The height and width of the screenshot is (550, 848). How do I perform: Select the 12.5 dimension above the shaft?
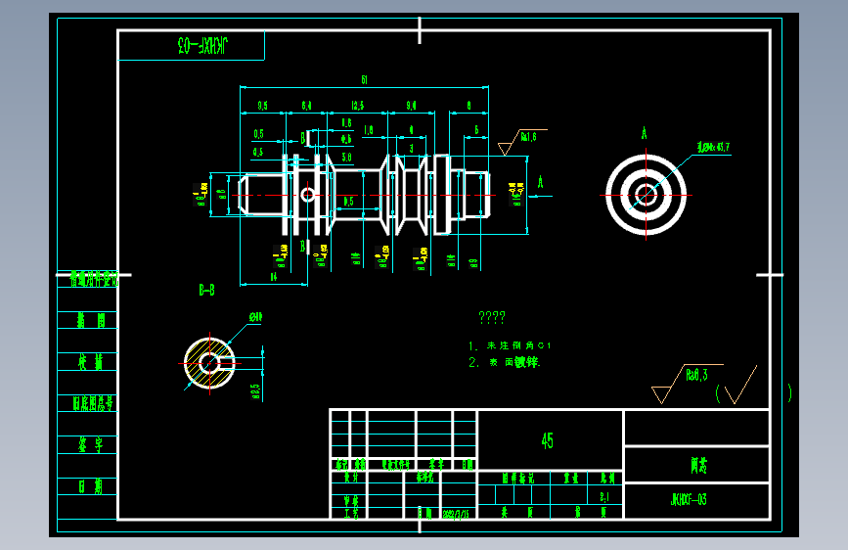[358, 105]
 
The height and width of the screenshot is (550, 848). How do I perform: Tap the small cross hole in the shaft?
[308, 194]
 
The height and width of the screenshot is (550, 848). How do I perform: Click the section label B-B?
[207, 290]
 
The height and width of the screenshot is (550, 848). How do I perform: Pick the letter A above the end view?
[645, 132]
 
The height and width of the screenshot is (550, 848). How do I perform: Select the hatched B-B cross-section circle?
[209, 363]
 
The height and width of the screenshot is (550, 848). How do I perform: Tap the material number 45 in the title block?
[548, 440]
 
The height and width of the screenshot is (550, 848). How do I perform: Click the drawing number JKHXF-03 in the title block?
[689, 500]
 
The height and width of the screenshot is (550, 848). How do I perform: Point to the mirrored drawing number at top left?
[202, 45]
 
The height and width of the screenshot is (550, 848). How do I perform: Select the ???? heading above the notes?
[491, 318]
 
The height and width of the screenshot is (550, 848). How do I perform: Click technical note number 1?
[510, 345]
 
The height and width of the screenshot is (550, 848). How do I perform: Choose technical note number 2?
[504, 362]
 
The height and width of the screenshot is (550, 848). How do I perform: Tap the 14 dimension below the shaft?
[274, 277]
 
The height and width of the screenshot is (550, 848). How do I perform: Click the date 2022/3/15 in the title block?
[456, 512]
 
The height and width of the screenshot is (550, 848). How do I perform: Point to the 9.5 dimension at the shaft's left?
[263, 105]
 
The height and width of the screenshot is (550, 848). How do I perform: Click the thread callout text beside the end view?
[713, 147]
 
